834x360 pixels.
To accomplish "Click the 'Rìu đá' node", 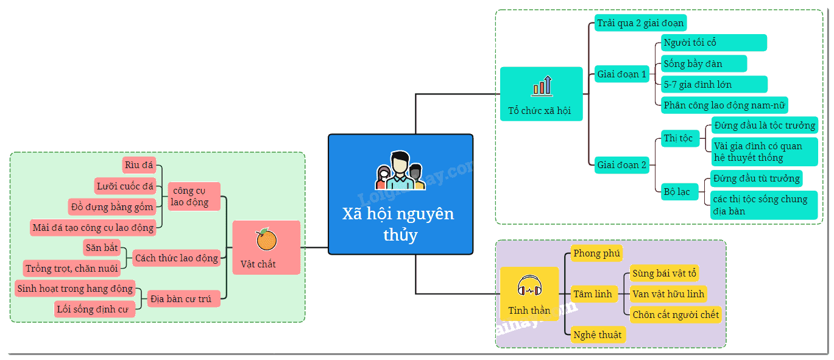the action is tap(139, 165).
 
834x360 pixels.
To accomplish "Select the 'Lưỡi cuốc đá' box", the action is tap(125, 186).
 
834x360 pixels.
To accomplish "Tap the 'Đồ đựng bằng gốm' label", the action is tap(112, 206).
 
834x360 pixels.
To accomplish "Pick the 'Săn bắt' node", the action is tap(102, 247).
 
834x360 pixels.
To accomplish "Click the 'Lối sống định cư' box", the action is tap(94, 309).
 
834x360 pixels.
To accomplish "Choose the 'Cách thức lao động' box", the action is tap(177, 258).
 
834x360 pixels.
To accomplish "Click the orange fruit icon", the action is tap(266, 239).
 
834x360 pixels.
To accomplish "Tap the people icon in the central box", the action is tap(400, 171).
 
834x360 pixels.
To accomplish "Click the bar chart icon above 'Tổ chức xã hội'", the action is tap(542, 86).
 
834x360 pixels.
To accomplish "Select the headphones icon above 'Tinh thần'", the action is tap(529, 286).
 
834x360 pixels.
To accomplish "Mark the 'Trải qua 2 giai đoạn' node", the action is tap(640, 23).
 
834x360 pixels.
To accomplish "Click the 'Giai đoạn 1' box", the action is tap(622, 74).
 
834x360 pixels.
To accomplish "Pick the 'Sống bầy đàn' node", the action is tap(704, 64).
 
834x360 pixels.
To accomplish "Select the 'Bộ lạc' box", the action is tap(679, 192).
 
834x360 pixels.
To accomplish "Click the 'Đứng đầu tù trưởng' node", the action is tap(756, 178).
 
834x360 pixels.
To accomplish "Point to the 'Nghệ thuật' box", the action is tap(598, 334).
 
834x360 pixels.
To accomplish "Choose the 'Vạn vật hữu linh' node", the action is tap(668, 294).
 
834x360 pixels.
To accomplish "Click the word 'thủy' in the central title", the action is tap(401, 235).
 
